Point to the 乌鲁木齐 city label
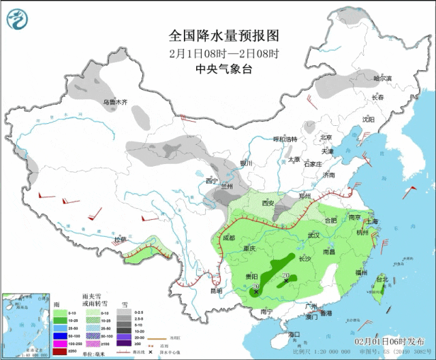[x=115, y=103]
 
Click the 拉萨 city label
[x=120, y=240]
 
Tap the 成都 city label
[x=228, y=238]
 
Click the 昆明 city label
[x=215, y=292]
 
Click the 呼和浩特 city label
[x=285, y=139]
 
